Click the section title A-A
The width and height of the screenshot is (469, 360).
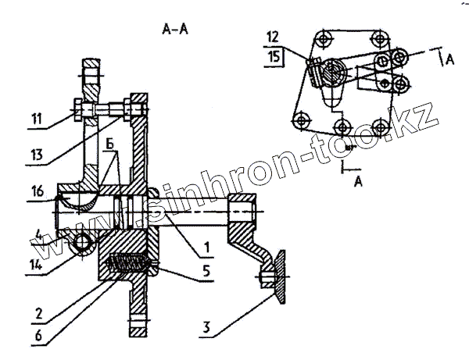[x=174, y=30]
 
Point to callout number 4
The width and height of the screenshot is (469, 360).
[x=38, y=231]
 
